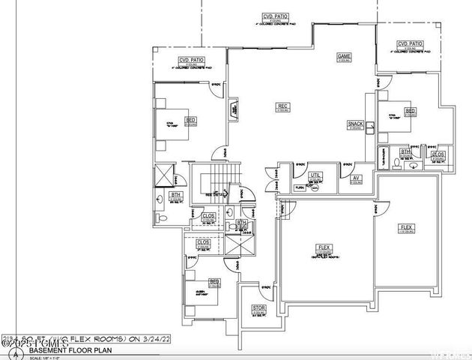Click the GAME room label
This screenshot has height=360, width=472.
(344, 56)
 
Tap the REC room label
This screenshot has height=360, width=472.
(283, 105)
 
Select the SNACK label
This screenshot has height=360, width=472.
(355, 124)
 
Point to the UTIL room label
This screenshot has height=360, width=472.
(315, 174)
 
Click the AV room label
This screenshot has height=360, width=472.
(357, 177)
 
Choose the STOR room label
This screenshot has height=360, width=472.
(258, 307)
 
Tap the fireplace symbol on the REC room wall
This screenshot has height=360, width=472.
(234, 112)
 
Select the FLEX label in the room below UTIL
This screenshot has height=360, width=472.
(324, 247)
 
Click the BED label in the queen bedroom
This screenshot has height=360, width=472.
(214, 282)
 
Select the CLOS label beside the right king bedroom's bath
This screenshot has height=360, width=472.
(438, 154)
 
